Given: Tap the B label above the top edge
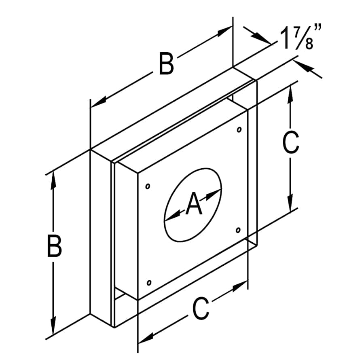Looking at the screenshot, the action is tap(166, 63).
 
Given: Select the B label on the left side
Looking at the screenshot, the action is tap(54, 246).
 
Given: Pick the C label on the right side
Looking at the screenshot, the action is tap(291, 142).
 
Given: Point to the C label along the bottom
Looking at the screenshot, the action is tap(201, 308).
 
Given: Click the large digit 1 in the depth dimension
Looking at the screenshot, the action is tap(285, 38).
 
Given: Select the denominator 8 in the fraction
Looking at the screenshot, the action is tap(309, 44).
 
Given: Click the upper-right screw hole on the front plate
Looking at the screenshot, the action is tap(239, 129).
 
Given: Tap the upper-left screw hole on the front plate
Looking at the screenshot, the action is tap(147, 186).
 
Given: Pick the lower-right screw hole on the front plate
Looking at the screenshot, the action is tap(238, 230).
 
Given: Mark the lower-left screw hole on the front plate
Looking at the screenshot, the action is tap(149, 283).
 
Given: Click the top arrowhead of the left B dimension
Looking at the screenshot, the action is tap(53, 181).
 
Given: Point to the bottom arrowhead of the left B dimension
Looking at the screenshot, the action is tap(53, 324).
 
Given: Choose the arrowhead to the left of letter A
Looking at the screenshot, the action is tap(172, 215).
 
